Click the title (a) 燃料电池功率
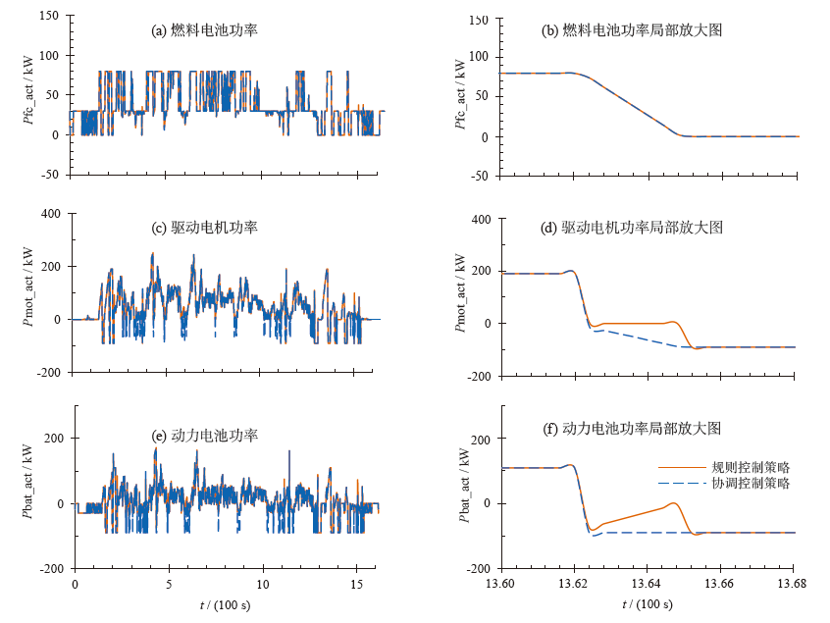pyautogui.click(x=205, y=30)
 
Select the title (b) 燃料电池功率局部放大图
pyautogui.click(x=632, y=30)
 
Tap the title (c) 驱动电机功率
pyautogui.click(x=205, y=228)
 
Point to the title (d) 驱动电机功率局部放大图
pyautogui.click(x=632, y=228)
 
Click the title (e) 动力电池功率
pyautogui.click(x=205, y=436)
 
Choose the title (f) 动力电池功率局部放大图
pyautogui.click(x=632, y=429)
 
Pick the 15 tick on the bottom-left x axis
pyautogui.click(x=356, y=584)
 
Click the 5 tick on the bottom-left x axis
pyautogui.click(x=169, y=584)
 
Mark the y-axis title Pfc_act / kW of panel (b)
pyautogui.click(x=459, y=96)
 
